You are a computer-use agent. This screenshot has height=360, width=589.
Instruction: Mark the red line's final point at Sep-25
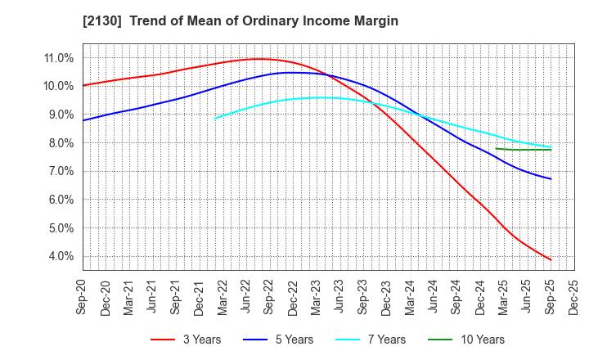pyautogui.click(x=551, y=260)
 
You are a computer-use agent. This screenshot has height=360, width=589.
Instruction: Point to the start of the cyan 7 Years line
pyautogui.click(x=215, y=119)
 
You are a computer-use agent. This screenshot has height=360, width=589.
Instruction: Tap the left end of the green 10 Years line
pyautogui.click(x=497, y=148)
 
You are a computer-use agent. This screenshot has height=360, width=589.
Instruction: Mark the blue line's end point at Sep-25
pyautogui.click(x=551, y=179)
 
